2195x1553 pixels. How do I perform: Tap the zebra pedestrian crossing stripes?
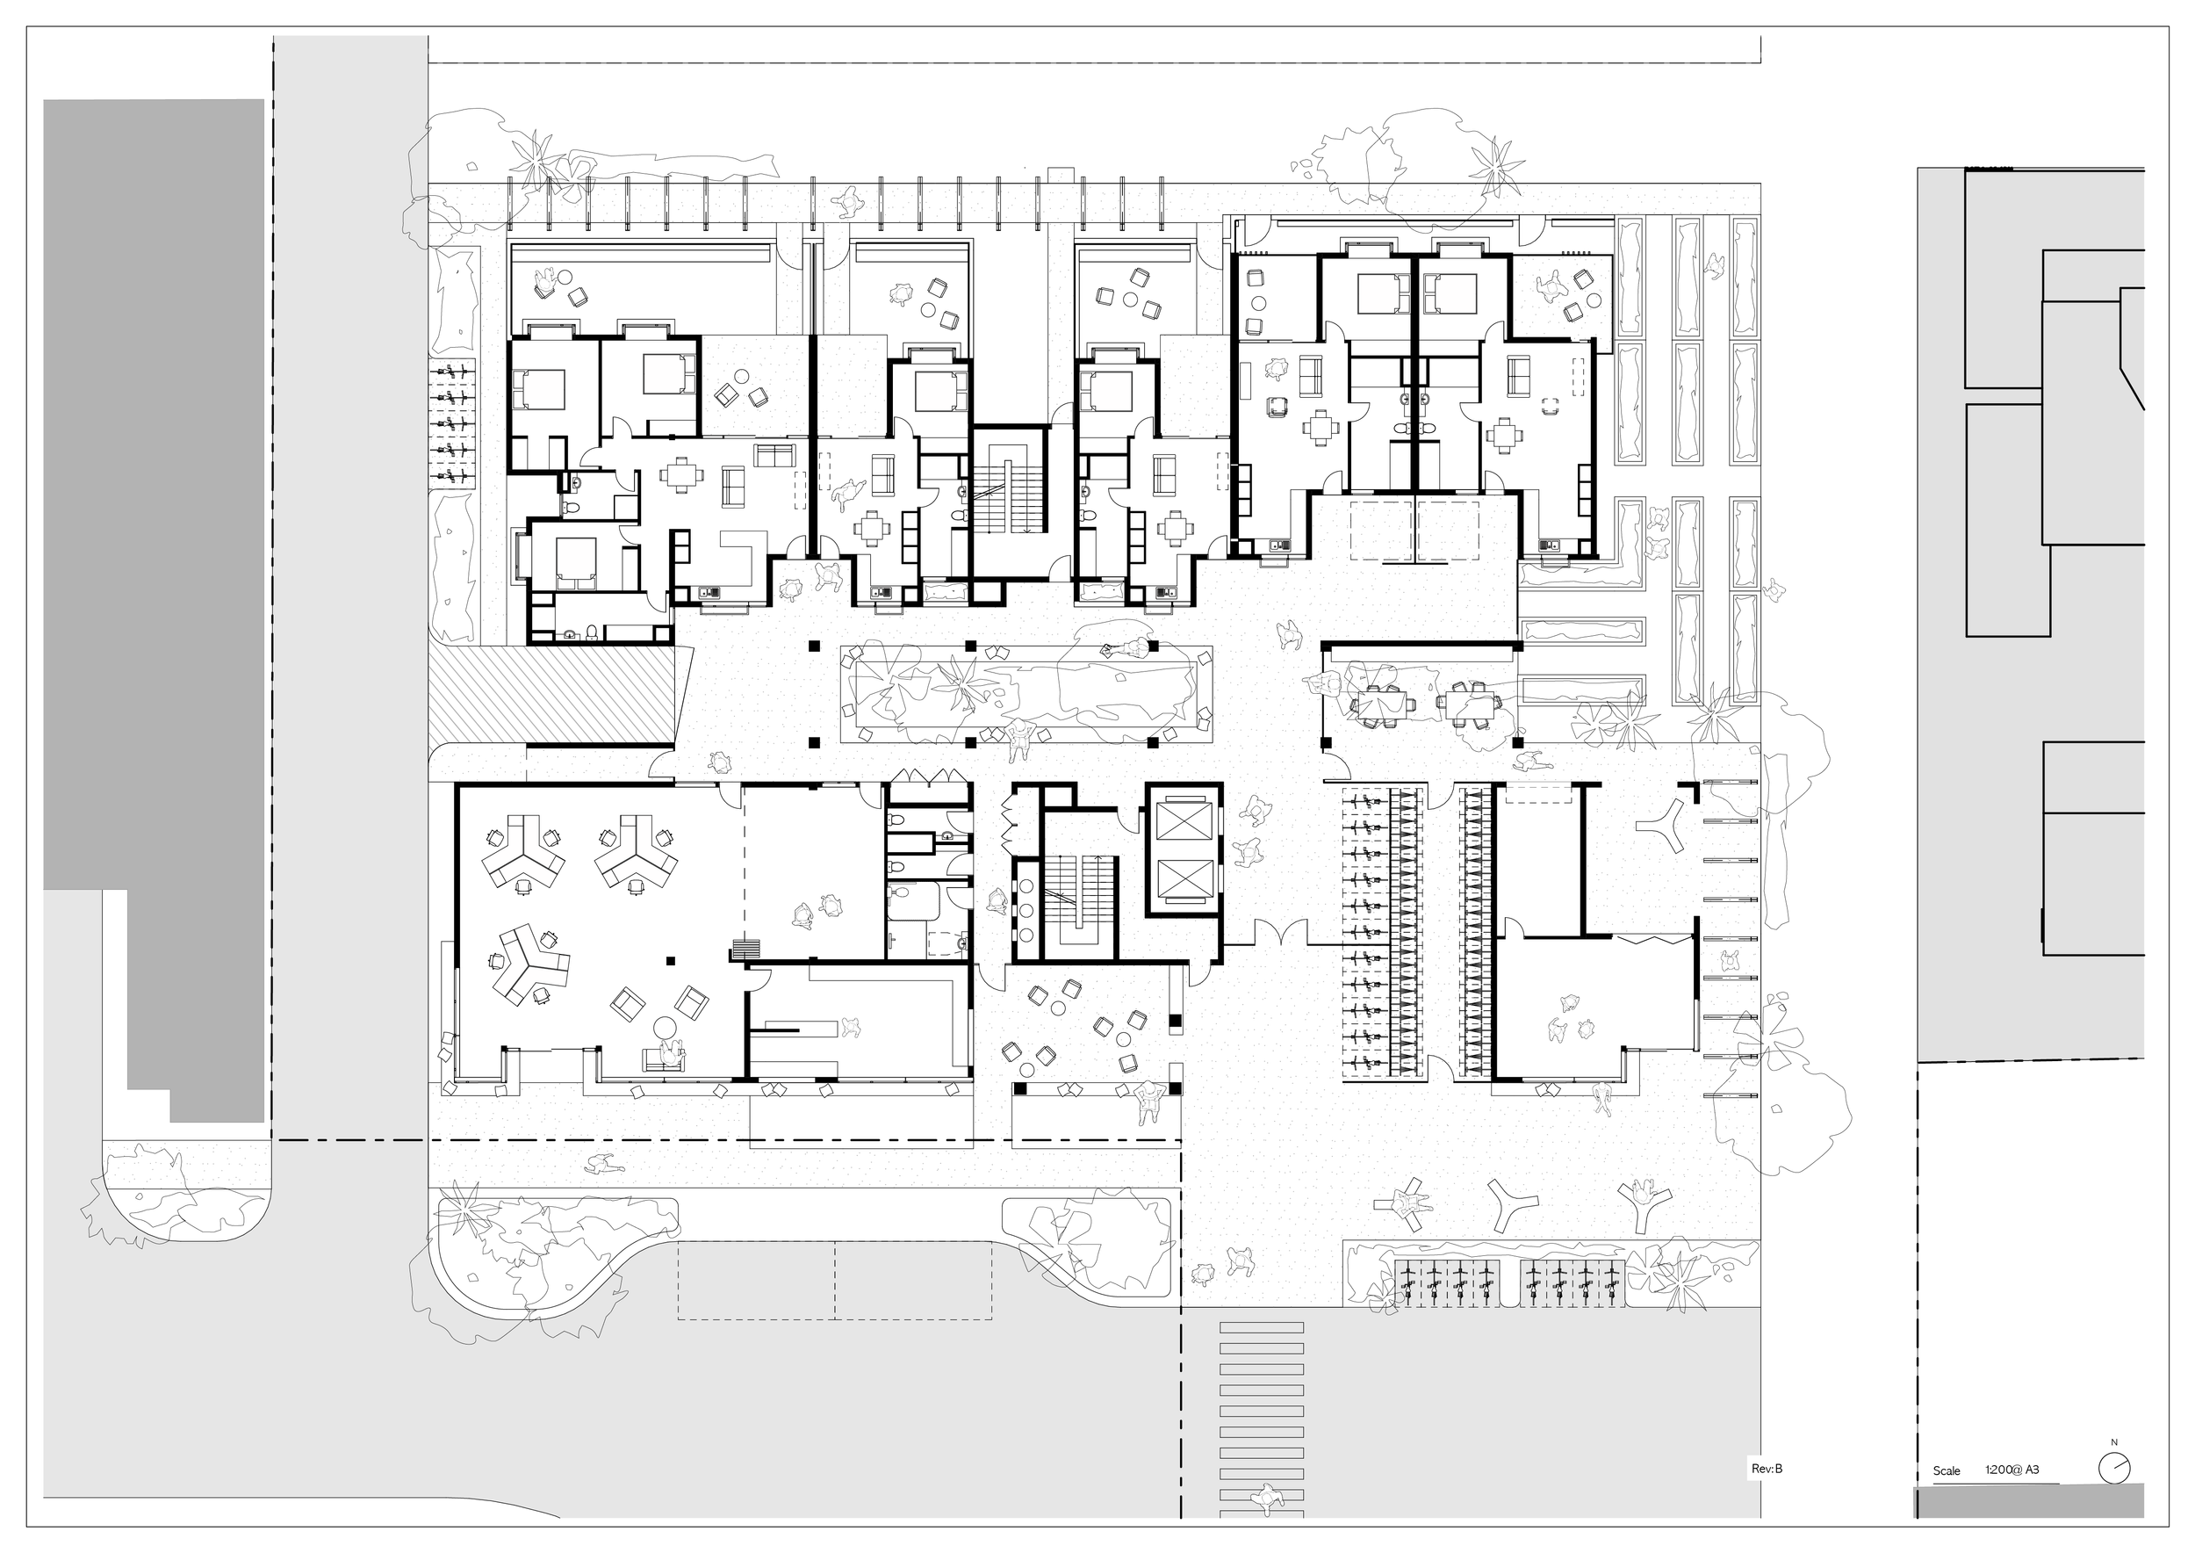click(x=1262, y=1415)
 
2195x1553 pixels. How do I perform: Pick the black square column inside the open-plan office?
click(x=671, y=960)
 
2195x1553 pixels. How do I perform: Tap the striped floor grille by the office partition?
click(x=745, y=950)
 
